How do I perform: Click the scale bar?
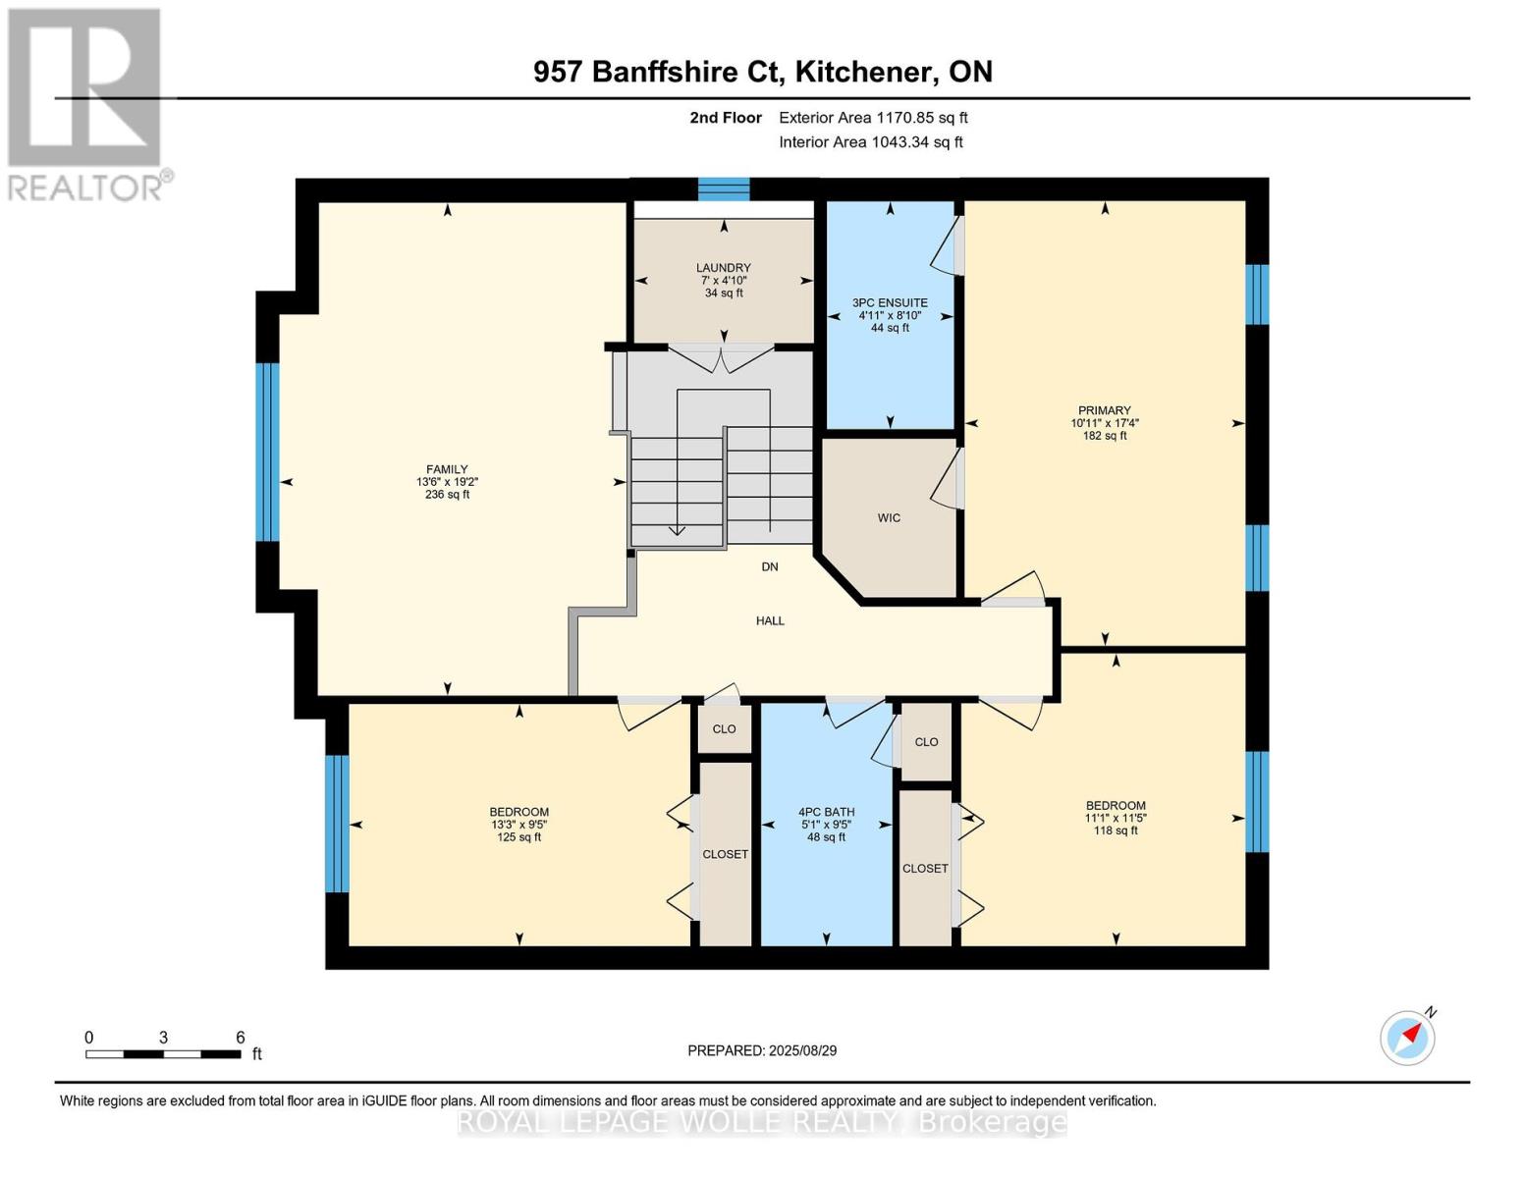click(164, 1053)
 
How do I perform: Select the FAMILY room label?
click(447, 469)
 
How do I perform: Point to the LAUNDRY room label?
click(724, 268)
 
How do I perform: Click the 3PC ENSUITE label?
click(890, 303)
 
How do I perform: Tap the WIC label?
click(889, 517)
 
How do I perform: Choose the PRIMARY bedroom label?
click(1105, 410)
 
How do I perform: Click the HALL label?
click(770, 621)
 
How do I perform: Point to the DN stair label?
click(770, 566)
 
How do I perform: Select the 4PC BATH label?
click(826, 812)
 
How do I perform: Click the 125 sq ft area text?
click(519, 837)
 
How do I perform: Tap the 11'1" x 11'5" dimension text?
click(1116, 818)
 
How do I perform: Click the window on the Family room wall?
click(267, 453)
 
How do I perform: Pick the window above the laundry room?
click(724, 189)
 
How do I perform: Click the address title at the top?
click(763, 72)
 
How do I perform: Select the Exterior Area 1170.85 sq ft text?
click(873, 118)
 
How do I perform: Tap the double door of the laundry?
click(721, 358)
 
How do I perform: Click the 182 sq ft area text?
click(1105, 436)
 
